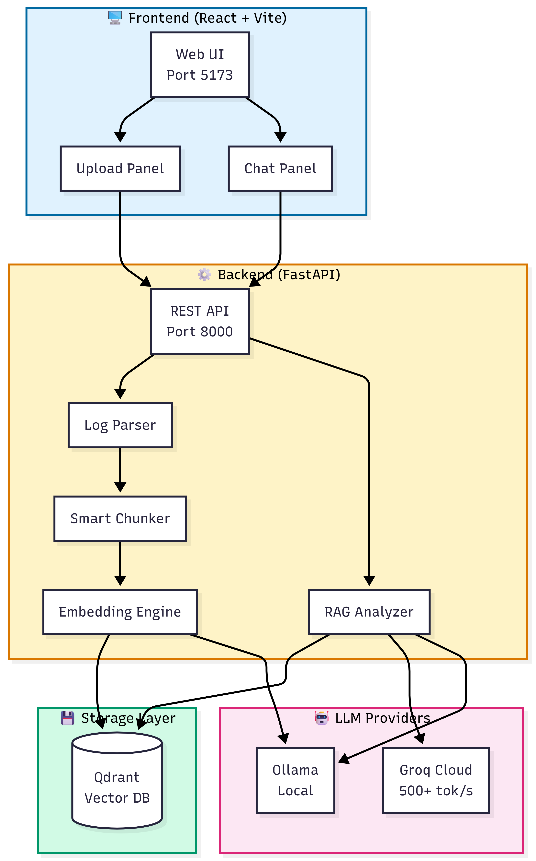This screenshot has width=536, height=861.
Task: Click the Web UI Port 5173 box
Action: [200, 65]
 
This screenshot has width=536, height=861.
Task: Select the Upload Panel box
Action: [120, 169]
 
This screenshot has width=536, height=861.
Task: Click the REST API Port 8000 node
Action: [200, 321]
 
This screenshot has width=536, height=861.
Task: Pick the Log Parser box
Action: [120, 425]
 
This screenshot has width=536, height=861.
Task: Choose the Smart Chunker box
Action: [120, 519]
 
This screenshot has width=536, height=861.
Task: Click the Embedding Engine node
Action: [120, 612]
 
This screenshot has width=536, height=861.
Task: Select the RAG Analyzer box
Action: [369, 612]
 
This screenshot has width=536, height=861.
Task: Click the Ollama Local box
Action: [295, 781]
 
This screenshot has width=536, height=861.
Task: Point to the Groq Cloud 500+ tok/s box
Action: [436, 781]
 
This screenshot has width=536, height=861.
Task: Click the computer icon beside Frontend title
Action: [115, 18]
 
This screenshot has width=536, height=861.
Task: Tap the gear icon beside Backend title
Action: [205, 275]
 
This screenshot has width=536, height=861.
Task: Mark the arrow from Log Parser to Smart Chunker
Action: [120, 470]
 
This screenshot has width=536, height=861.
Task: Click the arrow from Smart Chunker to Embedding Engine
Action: [120, 564]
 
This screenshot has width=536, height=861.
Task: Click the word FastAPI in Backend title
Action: [308, 275]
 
